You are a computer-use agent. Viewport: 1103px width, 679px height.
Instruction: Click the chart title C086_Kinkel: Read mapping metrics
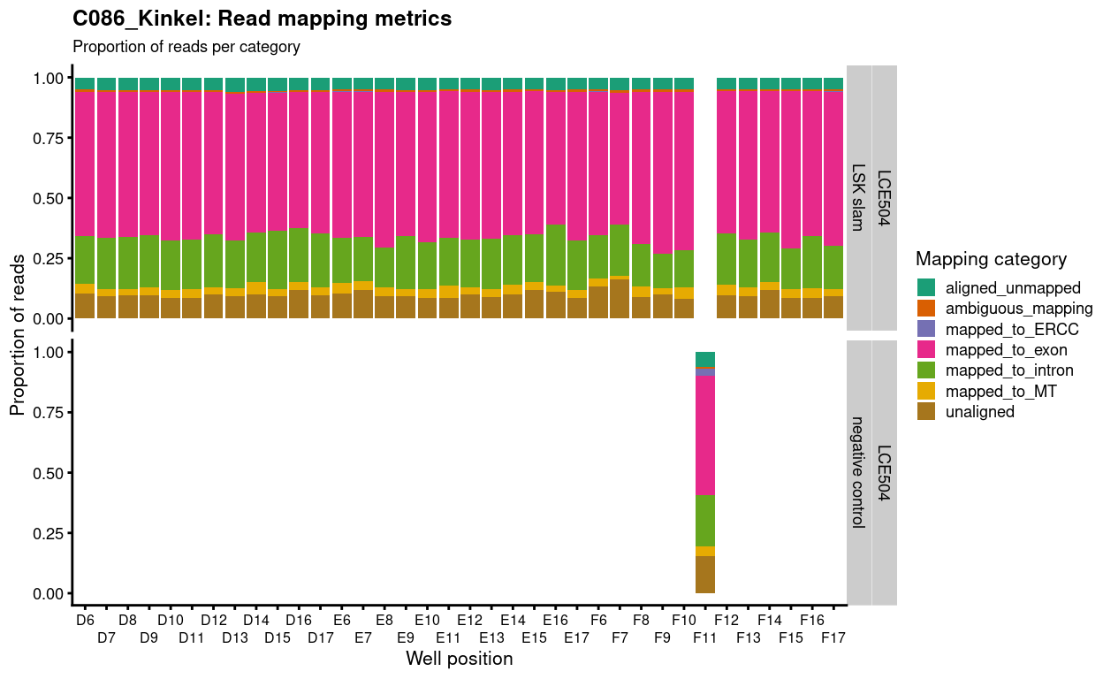[262, 19]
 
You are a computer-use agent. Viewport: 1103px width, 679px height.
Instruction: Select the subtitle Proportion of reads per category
[186, 47]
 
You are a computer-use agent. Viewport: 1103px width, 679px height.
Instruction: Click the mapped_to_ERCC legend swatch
[925, 329]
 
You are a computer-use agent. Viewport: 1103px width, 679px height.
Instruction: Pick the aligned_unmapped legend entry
[998, 287]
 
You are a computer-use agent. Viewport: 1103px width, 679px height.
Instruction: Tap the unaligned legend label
[979, 412]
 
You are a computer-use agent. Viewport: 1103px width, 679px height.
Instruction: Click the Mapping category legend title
[991, 259]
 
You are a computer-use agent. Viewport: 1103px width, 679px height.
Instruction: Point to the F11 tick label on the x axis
[705, 637]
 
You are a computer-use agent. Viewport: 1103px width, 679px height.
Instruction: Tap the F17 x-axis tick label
[833, 637]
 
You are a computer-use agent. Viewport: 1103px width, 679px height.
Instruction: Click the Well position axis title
[459, 659]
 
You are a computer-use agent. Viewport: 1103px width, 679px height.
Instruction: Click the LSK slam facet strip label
[858, 197]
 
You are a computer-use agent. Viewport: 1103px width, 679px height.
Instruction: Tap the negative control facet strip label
[858, 472]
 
